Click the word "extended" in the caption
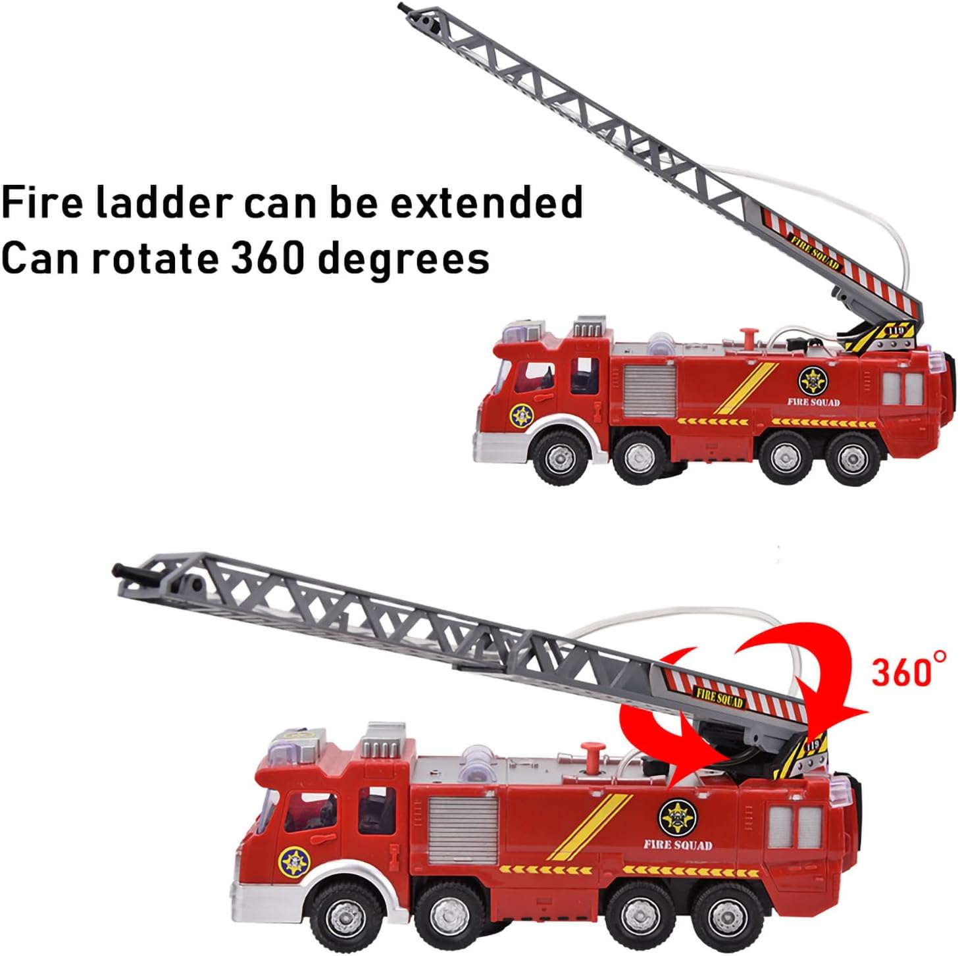(x=486, y=202)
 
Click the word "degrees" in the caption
(x=403, y=259)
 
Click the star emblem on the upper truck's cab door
(x=522, y=415)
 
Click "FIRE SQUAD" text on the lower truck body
(x=678, y=845)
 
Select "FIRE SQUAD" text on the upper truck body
(x=813, y=402)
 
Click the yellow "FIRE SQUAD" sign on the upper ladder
(x=815, y=254)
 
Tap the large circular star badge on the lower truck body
(x=678, y=818)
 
